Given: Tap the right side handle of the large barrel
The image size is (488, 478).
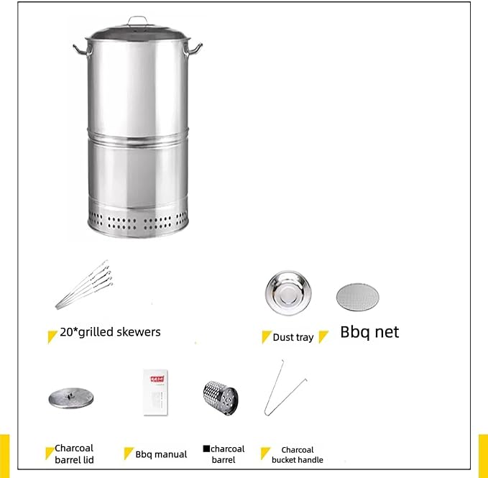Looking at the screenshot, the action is (193, 50).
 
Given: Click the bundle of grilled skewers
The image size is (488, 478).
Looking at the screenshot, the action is (84, 285).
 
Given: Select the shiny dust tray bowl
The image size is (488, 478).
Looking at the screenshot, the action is (288, 293).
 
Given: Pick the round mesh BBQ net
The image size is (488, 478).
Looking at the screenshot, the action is (358, 297).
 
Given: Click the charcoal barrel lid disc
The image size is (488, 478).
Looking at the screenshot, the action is (71, 398).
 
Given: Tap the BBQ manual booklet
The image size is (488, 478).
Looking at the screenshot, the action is (156, 392).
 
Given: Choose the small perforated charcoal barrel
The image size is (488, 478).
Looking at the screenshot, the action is (221, 398).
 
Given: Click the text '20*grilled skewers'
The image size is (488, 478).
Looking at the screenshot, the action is (110, 332).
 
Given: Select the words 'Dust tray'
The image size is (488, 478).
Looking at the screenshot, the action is (293, 337).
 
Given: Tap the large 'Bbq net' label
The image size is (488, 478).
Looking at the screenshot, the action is (369, 332).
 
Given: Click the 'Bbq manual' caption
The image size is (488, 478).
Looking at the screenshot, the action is (161, 454).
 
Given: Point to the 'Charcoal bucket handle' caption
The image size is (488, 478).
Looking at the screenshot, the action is (298, 455).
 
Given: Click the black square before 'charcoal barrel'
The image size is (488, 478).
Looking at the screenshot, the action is (206, 449).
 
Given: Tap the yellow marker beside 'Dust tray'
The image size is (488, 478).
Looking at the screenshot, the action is (266, 336).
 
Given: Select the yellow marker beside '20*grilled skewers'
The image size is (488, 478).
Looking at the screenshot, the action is (52, 336).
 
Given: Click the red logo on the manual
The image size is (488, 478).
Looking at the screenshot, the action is (157, 379).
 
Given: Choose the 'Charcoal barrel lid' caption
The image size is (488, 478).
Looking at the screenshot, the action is (74, 454).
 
